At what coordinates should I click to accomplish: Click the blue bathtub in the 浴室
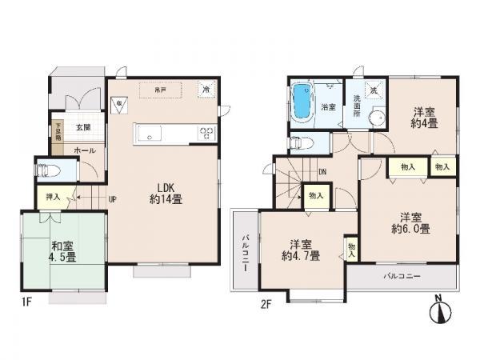point(303,102)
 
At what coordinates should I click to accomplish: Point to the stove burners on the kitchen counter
point(206,134)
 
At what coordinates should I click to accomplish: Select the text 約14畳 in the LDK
point(166,199)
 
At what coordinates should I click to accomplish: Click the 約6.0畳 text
point(410,229)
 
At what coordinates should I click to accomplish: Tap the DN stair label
point(322,170)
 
